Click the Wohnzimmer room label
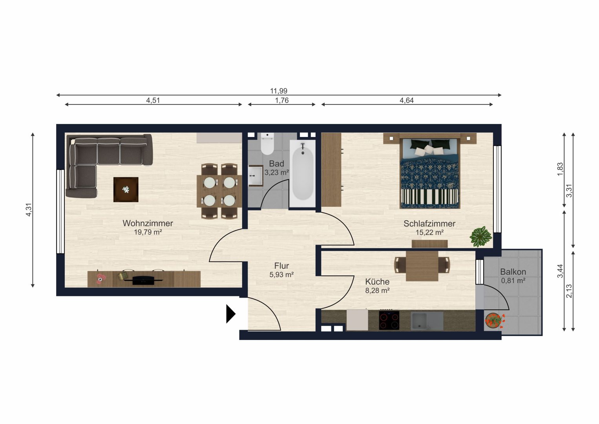pyautogui.click(x=148, y=223)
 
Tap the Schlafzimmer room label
pyautogui.click(x=429, y=224)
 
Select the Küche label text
pyautogui.click(x=377, y=282)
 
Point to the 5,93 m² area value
pyautogui.click(x=281, y=275)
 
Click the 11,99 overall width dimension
pyautogui.click(x=278, y=91)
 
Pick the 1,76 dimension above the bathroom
pyautogui.click(x=282, y=101)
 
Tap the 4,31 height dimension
pyautogui.click(x=29, y=210)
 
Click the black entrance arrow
pyautogui.click(x=231, y=314)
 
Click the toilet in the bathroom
pyautogui.click(x=267, y=144)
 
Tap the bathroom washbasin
pyautogui.click(x=256, y=175)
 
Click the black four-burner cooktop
pyautogui.click(x=389, y=320)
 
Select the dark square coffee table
pyautogui.click(x=126, y=189)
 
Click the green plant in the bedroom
pyautogui.click(x=480, y=236)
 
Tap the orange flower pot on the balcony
pyautogui.click(x=494, y=321)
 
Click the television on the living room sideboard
pyautogui.click(x=147, y=280)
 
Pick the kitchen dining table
pyautogui.click(x=422, y=266)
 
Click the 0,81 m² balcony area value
pyautogui.click(x=513, y=281)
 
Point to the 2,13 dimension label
pyautogui.click(x=569, y=291)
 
